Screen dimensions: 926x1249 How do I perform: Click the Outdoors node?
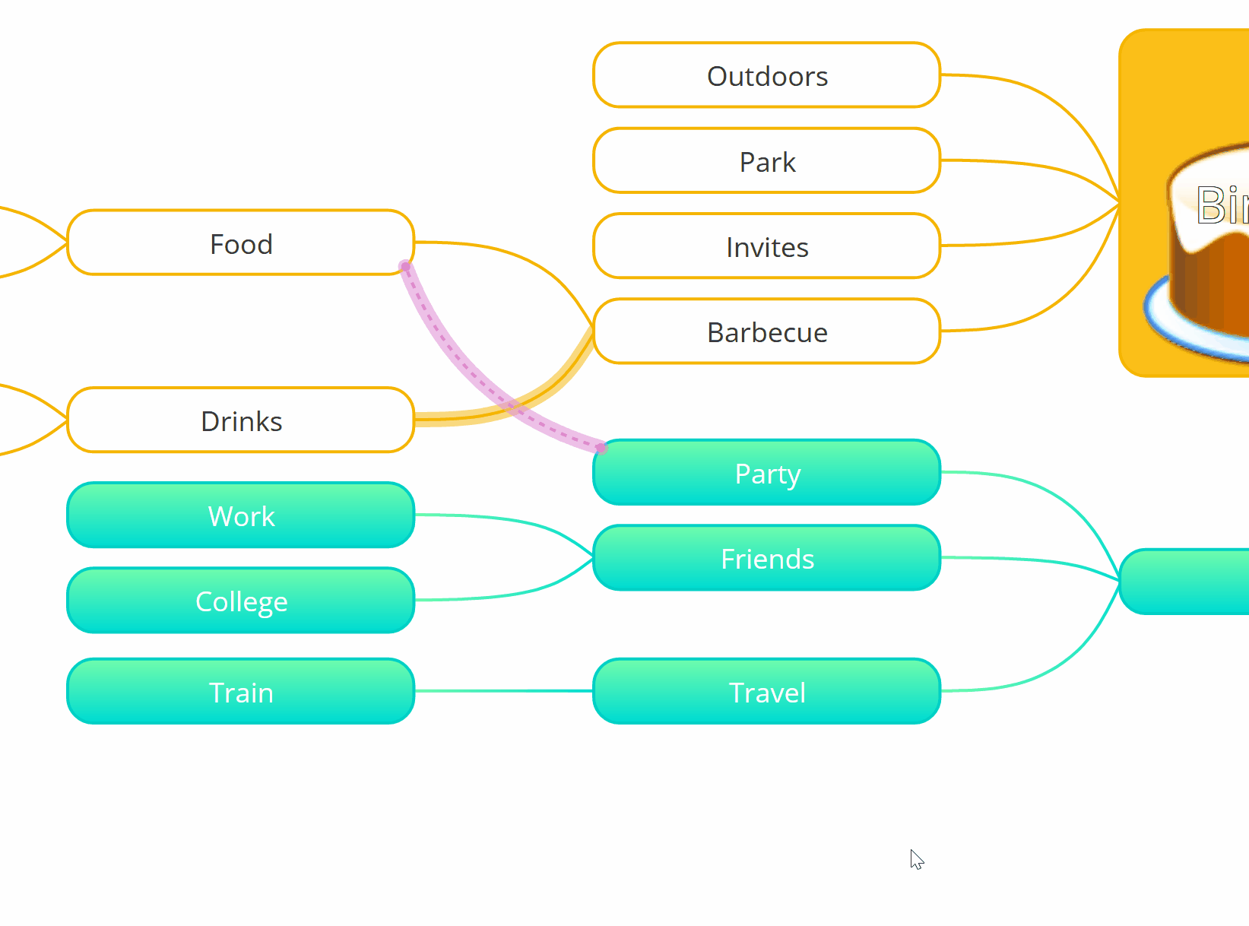click(766, 75)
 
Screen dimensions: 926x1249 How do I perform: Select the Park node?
click(766, 161)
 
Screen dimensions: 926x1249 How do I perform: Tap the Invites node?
click(766, 246)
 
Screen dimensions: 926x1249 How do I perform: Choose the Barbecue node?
click(766, 331)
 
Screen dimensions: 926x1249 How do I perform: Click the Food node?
click(240, 243)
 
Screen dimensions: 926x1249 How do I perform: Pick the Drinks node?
click(240, 420)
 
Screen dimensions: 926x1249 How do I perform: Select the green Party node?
click(766, 473)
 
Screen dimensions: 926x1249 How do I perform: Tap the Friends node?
click(766, 558)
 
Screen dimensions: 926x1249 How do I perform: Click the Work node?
click(240, 515)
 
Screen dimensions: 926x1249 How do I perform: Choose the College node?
click(240, 601)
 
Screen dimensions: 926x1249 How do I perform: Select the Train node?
click(240, 692)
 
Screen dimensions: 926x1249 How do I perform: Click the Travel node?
click(766, 692)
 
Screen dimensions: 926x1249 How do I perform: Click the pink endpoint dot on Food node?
click(405, 266)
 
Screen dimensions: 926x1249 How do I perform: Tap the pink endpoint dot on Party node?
click(601, 448)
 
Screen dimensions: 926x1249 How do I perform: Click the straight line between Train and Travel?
click(503, 691)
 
